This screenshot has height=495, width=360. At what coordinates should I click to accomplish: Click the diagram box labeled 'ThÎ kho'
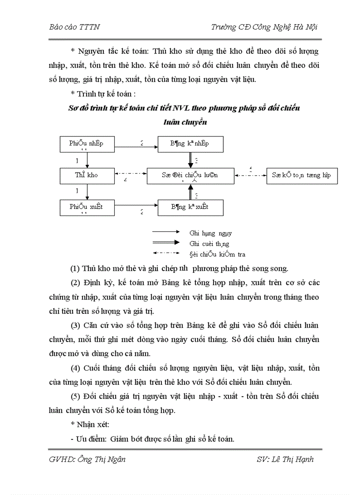coord(87,175)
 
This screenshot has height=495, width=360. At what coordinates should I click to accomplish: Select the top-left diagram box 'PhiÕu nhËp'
coord(87,144)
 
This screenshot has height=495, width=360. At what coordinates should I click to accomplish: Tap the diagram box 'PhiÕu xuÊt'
coord(87,207)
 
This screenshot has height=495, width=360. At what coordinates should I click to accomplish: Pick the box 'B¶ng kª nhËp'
coord(190,144)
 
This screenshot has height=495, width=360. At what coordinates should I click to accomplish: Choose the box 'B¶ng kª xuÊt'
coord(190,207)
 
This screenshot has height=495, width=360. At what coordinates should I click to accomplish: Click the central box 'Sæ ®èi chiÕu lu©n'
coord(190,175)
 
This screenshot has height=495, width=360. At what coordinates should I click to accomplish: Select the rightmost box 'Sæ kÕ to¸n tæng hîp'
coord(302,175)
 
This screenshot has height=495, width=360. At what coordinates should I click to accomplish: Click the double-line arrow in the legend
coord(165,242)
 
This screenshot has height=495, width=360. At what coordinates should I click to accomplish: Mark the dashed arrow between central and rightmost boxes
coord(250,175)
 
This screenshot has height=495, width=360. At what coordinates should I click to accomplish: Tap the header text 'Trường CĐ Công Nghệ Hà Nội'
coord(264,27)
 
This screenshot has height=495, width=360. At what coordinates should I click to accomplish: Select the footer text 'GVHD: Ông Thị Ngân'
coord(87,459)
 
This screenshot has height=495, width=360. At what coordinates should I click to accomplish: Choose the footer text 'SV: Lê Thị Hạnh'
coord(285,459)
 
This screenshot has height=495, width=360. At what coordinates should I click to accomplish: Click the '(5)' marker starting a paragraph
coord(76,396)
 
